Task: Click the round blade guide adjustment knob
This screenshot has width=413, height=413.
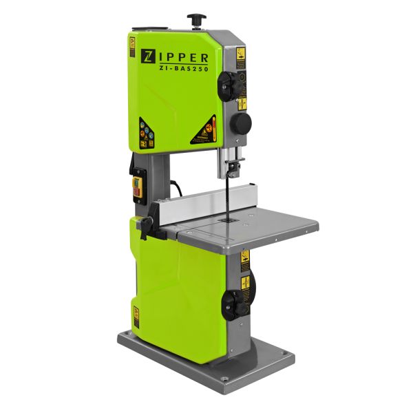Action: click(240, 123)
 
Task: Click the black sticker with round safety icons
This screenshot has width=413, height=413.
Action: click(147, 133)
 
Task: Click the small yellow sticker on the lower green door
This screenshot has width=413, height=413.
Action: click(136, 316)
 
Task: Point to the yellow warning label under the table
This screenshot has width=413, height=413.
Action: click(244, 261)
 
